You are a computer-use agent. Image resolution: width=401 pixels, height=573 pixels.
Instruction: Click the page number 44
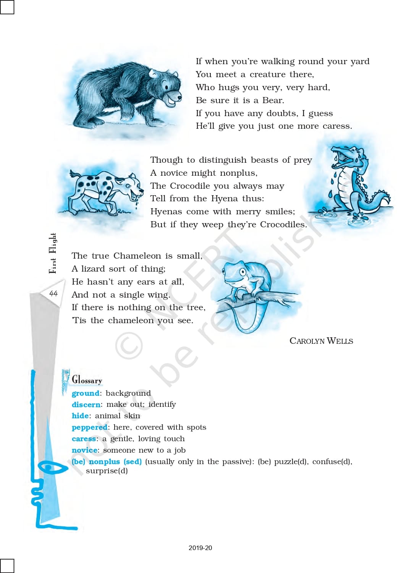pos(53,293)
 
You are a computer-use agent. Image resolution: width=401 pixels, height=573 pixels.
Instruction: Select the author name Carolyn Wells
pos(321,341)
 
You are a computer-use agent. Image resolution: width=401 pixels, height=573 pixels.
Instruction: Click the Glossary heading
pos(87,380)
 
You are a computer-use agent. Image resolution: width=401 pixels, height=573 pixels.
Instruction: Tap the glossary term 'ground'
pos(86,393)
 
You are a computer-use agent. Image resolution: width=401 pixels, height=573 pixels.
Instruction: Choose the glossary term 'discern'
pos(86,405)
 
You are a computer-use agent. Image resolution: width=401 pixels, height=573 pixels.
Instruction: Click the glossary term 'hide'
pos(80,416)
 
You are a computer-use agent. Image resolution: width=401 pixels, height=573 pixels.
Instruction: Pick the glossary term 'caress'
pos(84,439)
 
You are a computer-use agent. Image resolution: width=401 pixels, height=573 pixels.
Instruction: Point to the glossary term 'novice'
pos(84,450)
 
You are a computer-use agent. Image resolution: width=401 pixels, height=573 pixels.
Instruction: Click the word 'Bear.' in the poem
pos(273,100)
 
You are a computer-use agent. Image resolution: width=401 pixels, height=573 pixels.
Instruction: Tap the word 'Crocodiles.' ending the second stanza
pos(283,225)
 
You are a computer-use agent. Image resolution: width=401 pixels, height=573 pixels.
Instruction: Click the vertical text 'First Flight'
pos(53,253)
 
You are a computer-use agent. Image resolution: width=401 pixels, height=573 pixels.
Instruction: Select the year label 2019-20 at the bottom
pos(200,548)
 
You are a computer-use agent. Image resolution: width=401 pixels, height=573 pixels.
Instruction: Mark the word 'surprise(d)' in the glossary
pos(107,471)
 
